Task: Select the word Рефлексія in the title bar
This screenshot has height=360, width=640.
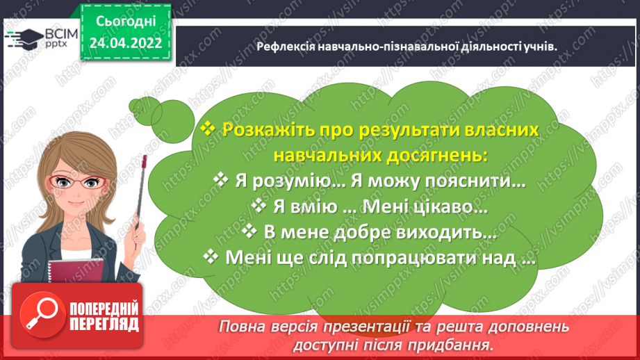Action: click(284, 47)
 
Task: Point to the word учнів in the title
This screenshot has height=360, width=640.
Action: click(539, 47)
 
